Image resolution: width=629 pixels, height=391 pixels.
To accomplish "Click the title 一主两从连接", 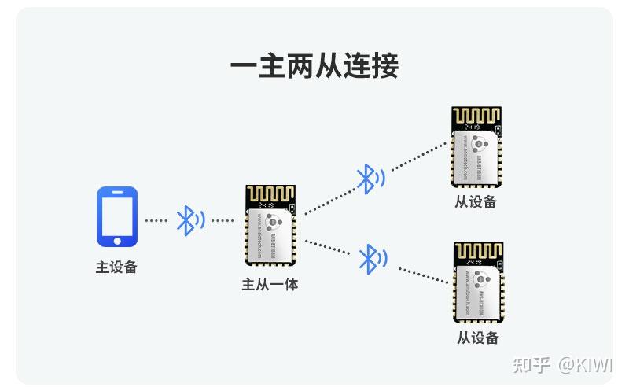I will pos(314,65).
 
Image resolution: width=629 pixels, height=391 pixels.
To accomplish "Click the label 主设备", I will pos(116,267).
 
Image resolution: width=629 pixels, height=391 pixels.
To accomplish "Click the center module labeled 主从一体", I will pos(270,227).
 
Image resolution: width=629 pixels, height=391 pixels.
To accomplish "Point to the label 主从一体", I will pos(270,284).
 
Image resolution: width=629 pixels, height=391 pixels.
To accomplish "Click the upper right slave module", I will pos(476,146).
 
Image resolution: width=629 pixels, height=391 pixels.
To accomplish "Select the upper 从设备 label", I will pos(476,201).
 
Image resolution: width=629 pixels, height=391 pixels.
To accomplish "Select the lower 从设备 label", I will pos(478,338).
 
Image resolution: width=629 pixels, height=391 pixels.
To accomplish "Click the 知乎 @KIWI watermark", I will pos(561,365).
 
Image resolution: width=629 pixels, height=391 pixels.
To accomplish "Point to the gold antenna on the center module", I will pos(270,194).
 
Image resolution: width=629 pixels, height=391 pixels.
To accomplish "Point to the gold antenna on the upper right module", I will pos(476,115).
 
